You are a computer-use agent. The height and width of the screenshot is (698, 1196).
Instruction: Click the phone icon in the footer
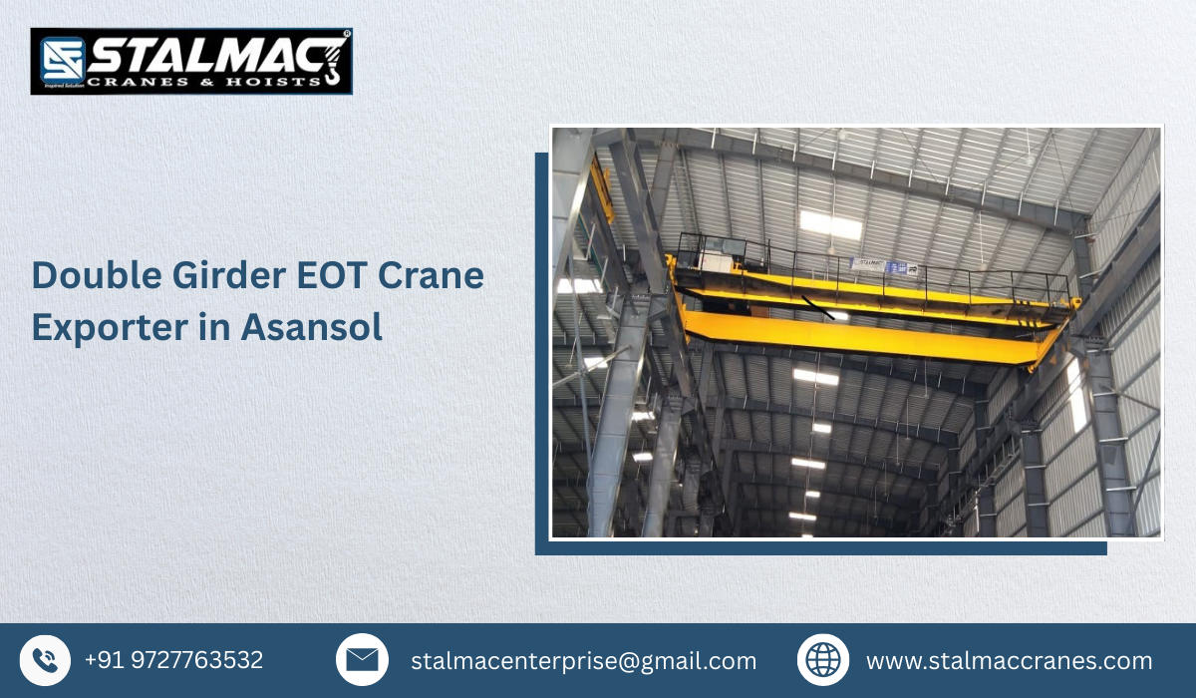45,660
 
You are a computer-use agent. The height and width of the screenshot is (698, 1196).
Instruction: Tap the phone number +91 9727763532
174,660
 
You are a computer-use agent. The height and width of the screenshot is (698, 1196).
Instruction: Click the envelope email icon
362,660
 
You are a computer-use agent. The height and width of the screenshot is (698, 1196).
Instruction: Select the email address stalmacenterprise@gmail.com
584,661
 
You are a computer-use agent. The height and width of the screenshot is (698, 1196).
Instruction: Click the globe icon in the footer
823,660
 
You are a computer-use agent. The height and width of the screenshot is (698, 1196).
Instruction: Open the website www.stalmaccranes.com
1009,661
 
